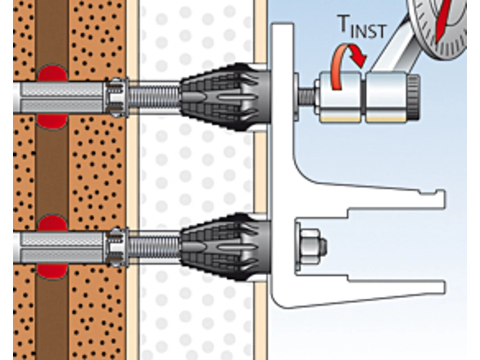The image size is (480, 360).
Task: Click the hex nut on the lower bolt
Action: pyautogui.click(x=311, y=247)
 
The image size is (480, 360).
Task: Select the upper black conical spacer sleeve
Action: pyautogui.click(x=225, y=97)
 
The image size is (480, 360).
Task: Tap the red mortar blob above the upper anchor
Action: pyautogui.click(x=52, y=73)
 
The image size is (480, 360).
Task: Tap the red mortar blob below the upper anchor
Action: pyautogui.click(x=52, y=122)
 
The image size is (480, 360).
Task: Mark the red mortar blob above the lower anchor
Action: pyautogui.click(x=52, y=223)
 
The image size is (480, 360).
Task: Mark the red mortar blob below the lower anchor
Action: pyautogui.click(x=52, y=271)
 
